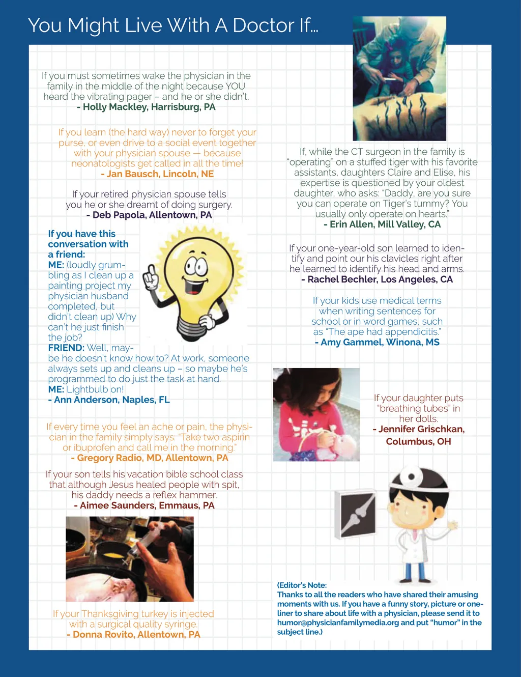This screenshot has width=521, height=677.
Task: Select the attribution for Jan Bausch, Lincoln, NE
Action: coord(158,174)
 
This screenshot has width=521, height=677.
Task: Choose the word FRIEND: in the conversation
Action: coord(66,348)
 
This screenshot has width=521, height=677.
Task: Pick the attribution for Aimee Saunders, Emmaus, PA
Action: coord(144,505)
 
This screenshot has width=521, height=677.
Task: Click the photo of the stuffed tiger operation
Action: coord(399,79)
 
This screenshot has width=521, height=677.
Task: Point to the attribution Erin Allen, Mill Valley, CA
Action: coord(383,224)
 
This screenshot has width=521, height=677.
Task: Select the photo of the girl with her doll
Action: coord(316,414)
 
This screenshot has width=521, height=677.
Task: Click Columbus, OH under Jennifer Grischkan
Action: coord(418,441)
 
